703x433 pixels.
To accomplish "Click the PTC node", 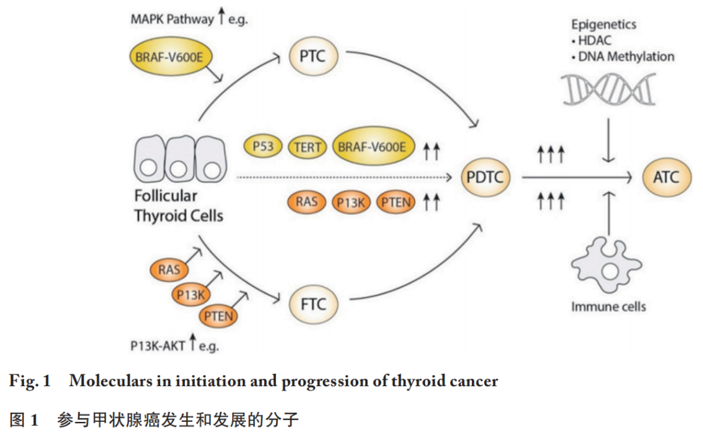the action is coord(313,57).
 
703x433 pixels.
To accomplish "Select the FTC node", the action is coord(313,304).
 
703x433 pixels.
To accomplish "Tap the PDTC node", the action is coord(485,177).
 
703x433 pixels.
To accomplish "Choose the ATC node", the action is coord(667,177).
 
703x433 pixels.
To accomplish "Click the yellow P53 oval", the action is coord(263,147).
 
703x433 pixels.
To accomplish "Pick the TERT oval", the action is coord(307,147).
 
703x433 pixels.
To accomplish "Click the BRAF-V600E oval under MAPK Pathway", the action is coord(169,57).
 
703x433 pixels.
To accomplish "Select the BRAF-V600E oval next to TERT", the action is coord(372,147).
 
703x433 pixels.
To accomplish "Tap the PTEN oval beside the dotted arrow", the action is coord(396,203).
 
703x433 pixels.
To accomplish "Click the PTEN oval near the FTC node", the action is coord(218,316).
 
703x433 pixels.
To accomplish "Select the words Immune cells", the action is coord(609,307).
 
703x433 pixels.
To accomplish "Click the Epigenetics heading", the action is coord(603,24).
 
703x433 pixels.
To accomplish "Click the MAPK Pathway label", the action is coord(172,20).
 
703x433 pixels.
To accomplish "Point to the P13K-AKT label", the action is coord(158,346).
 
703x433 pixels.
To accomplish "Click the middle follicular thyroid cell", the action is coord(180,159).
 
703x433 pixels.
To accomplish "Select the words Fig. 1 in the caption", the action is coord(29,381).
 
